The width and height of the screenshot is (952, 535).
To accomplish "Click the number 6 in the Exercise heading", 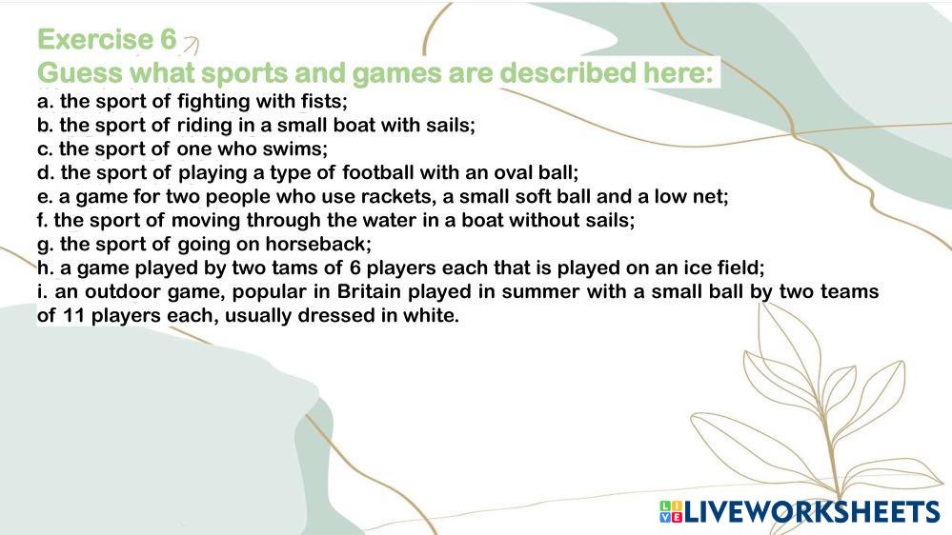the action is pyautogui.click(x=168, y=40).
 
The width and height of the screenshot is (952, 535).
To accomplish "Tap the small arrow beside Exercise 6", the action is pyautogui.click(x=192, y=45).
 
